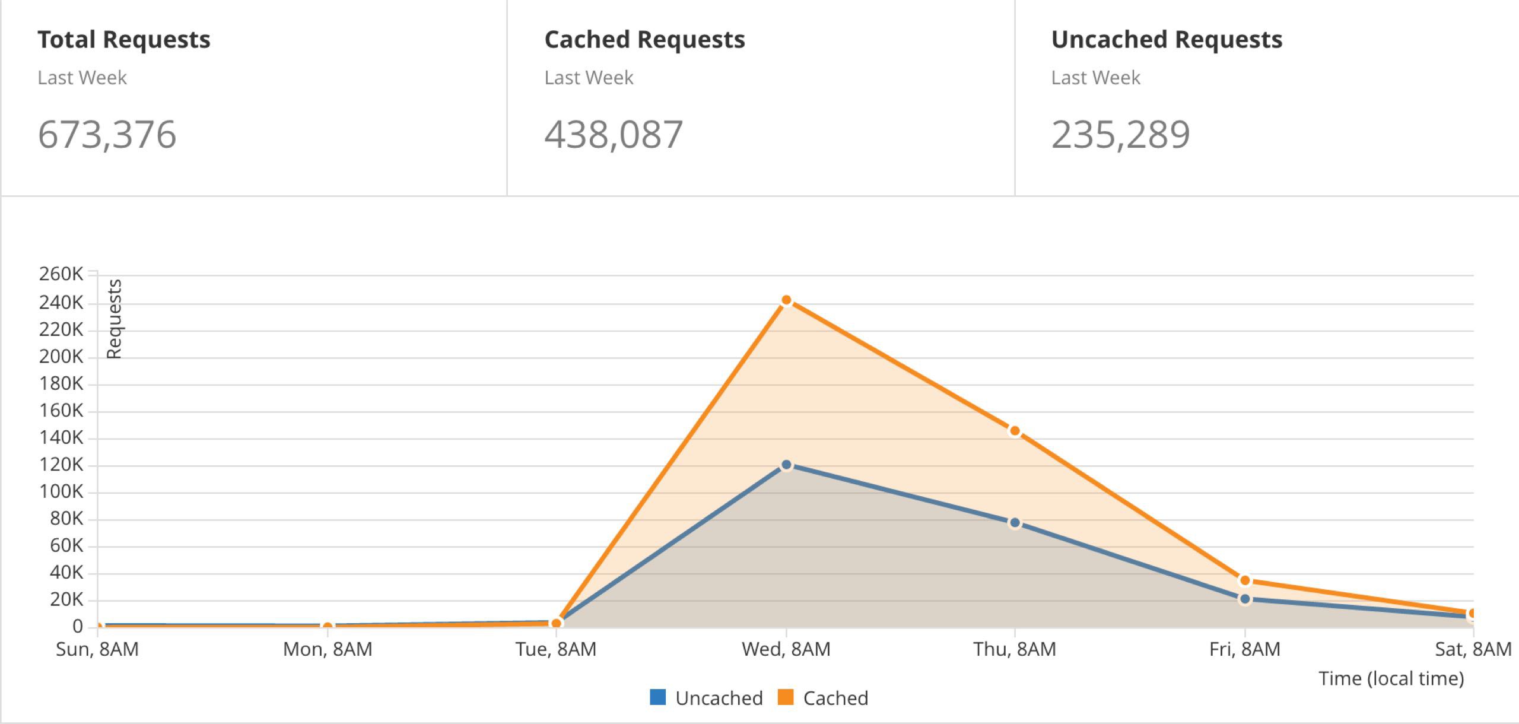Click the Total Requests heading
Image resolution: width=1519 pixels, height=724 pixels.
[x=124, y=40]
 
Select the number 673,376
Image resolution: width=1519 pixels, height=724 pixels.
[x=107, y=135]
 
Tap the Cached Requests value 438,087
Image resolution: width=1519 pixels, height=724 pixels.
[x=614, y=135]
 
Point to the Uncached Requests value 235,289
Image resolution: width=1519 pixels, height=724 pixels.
[x=1120, y=135]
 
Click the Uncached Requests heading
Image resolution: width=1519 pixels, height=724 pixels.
[x=1167, y=40]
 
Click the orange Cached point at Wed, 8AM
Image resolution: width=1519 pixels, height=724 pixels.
[x=786, y=301]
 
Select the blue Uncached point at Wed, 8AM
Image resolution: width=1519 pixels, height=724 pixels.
[x=786, y=465]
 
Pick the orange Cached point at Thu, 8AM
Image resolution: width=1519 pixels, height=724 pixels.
[x=1015, y=431]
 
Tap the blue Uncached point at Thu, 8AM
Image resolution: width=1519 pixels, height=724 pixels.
[x=1015, y=523]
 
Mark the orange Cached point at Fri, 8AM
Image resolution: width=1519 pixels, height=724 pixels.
[x=1245, y=580]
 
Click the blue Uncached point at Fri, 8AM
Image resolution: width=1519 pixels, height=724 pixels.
[x=1245, y=599]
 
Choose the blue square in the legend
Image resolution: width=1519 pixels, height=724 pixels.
[x=657, y=697]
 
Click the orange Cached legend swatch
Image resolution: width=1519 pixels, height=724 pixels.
[x=785, y=697]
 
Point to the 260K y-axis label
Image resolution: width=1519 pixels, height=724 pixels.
[x=61, y=274]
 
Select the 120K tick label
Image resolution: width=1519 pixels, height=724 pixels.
[x=61, y=465]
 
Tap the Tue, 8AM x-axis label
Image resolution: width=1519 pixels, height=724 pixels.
[x=556, y=649]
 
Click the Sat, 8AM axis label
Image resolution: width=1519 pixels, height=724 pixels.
[x=1473, y=649]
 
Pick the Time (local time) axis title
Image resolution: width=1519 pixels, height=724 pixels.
[x=1391, y=678]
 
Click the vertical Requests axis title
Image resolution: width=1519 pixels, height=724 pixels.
[x=114, y=319]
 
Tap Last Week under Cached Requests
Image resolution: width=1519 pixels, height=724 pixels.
[x=589, y=78]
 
